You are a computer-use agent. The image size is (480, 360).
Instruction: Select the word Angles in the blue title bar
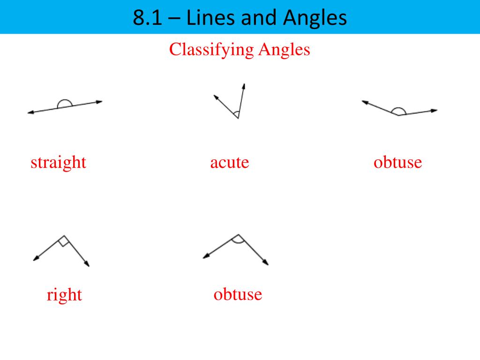tap(315, 18)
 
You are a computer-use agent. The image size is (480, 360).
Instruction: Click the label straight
tap(59, 163)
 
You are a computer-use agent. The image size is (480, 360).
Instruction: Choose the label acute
tap(230, 163)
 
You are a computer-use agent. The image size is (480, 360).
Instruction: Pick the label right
tap(64, 295)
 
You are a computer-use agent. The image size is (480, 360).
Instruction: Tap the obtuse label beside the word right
tap(238, 294)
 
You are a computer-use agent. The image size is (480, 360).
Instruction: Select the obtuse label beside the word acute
tap(398, 163)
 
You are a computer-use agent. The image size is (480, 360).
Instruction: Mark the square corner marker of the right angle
tap(64, 242)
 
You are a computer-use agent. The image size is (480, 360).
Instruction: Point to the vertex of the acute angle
tap(238, 118)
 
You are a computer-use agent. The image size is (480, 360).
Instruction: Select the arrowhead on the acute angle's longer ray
tap(244, 86)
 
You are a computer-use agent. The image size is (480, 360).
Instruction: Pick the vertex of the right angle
tap(64, 235)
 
